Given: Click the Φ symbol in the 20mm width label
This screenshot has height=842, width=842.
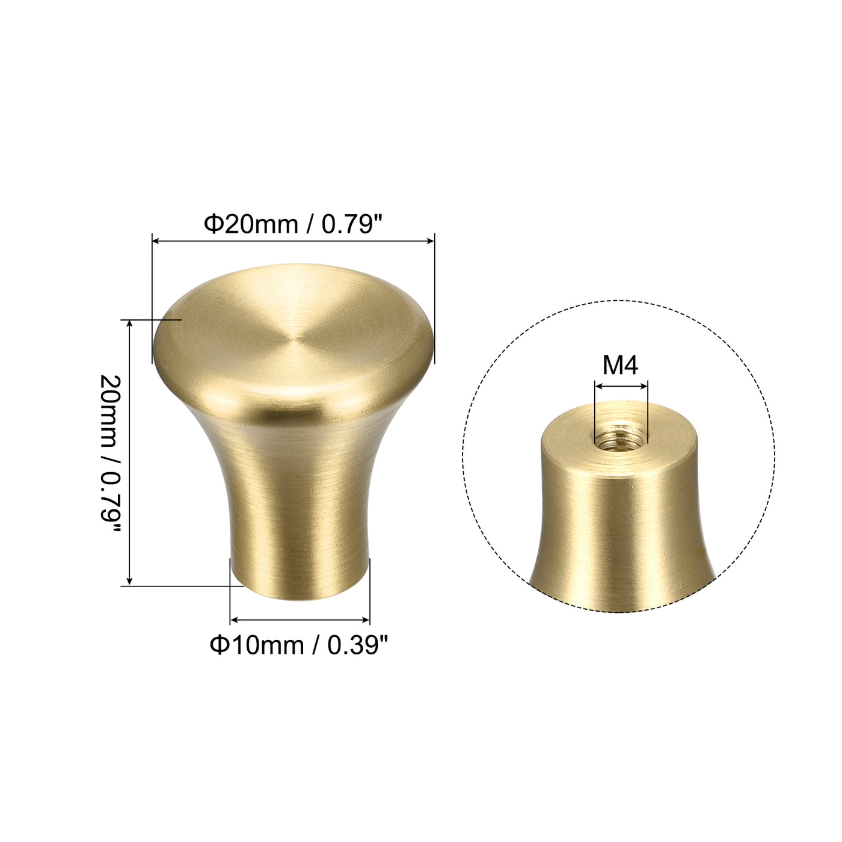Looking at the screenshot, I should (x=214, y=224).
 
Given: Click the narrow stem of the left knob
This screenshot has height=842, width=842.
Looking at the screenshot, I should (x=299, y=529).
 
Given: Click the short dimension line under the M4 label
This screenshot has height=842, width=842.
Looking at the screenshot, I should (x=621, y=386).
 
